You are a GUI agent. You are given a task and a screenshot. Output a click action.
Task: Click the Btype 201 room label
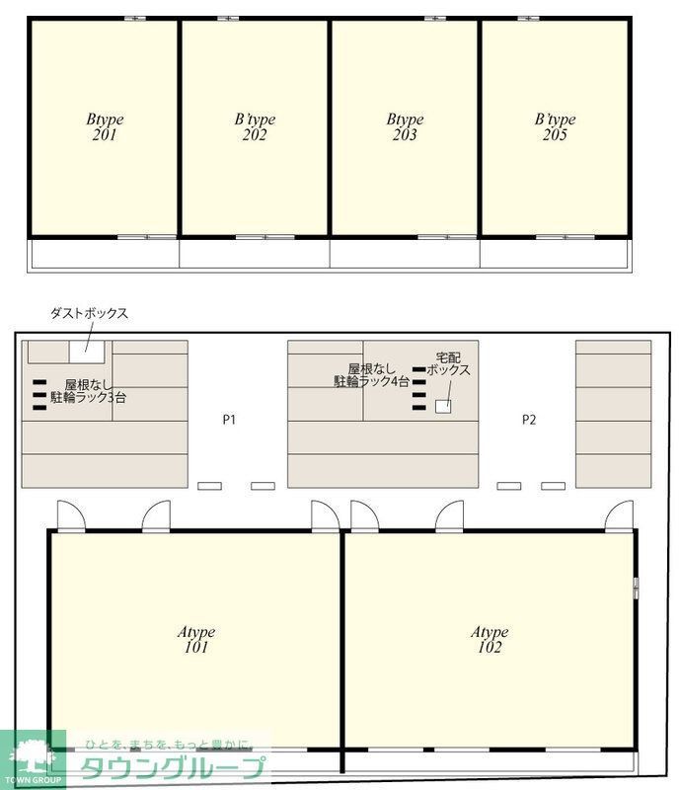[x=105, y=127]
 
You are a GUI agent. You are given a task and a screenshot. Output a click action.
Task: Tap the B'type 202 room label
[x=255, y=127]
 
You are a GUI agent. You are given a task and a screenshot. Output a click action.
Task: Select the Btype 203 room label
[x=405, y=127]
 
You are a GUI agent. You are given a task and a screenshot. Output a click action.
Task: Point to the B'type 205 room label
[x=555, y=127]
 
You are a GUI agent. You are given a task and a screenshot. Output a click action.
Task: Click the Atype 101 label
[x=195, y=640]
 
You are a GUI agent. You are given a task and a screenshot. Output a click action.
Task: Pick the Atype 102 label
[x=489, y=640]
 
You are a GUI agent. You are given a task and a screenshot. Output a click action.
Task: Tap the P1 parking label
[x=229, y=420]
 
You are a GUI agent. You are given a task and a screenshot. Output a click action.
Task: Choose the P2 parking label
[x=529, y=420]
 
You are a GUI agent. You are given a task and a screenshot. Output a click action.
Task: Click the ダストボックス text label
[x=90, y=313]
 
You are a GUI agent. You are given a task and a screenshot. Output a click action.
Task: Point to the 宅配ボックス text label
[x=448, y=363]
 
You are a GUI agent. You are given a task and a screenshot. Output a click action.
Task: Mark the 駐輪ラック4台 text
[x=372, y=380]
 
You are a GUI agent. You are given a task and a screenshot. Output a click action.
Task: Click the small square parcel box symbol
[x=443, y=406]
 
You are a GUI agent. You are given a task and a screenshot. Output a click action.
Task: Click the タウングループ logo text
[x=173, y=767]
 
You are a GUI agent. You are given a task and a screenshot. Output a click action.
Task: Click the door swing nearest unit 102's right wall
[x=620, y=515]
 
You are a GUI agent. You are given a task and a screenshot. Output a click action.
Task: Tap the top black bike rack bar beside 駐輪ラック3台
[x=39, y=383]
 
